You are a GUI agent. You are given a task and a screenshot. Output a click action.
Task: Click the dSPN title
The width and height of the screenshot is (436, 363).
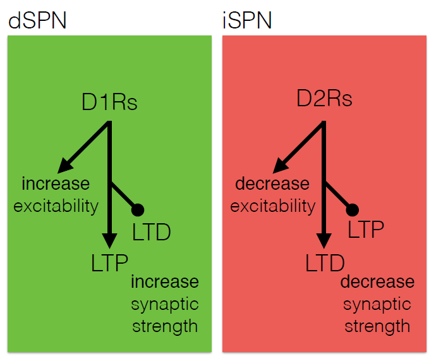coord(37,20)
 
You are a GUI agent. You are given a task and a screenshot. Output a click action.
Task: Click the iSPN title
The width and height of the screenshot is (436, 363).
coord(247,20)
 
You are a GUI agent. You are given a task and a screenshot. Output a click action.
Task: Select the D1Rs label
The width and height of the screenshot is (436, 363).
coord(109,102)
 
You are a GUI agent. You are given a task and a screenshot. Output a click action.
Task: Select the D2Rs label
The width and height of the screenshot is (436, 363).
coord(324,98)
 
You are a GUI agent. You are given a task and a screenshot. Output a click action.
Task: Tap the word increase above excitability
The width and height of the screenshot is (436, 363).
coord(56,184)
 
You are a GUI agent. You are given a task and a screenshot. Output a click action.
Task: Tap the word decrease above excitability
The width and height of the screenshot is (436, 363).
coord(272,184)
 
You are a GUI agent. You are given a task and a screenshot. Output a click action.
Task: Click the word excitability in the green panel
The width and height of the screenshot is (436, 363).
coord(56,207)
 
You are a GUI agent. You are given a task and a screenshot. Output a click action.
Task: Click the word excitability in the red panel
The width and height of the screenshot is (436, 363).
coord(273,207)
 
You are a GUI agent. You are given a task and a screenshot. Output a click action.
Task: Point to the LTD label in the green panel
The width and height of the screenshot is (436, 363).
coord(151,232)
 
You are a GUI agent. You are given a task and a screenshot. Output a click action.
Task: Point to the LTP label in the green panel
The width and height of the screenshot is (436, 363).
coord(109,263)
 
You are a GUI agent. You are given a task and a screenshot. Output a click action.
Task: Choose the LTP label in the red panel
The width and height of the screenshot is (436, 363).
coord(366,229)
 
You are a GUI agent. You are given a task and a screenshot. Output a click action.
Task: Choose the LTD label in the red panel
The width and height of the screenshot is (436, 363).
coord(325,263)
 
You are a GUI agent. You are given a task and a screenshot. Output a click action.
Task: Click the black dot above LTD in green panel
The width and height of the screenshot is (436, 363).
coord(138,210)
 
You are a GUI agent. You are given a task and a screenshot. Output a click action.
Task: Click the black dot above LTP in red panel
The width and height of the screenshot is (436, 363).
coord(353,210)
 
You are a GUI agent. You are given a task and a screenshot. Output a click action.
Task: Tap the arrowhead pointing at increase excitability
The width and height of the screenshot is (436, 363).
coord(64,166)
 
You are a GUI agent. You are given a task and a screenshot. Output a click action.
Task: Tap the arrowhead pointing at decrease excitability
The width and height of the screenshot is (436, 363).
coord(280,166)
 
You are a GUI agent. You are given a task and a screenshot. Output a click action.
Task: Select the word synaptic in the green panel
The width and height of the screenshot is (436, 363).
coord(165,305)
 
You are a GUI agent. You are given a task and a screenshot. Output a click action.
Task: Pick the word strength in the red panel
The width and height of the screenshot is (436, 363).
coord(377,326)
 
